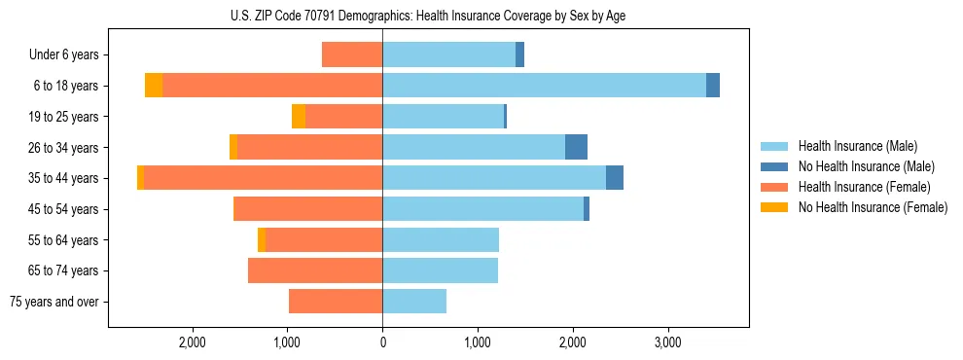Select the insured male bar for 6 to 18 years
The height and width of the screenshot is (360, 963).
544,86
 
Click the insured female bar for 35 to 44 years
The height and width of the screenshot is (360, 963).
263,178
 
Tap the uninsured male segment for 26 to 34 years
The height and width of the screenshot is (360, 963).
576,147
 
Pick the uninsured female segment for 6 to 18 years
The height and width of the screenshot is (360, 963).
154,86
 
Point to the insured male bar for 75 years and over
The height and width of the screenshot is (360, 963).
414,302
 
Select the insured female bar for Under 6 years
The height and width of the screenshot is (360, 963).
352,54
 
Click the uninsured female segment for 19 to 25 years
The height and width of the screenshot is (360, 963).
299,117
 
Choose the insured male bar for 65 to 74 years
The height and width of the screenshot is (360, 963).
440,270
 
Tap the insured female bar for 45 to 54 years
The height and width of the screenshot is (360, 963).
307,209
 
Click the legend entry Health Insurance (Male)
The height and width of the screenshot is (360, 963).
857,146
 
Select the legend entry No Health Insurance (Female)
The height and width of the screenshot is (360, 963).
873,207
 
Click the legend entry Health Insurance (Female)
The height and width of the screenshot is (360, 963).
864,187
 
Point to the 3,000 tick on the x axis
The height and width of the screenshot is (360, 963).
667,342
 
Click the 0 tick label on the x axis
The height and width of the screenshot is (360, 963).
382,342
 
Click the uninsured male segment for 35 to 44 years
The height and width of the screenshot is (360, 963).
615,178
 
